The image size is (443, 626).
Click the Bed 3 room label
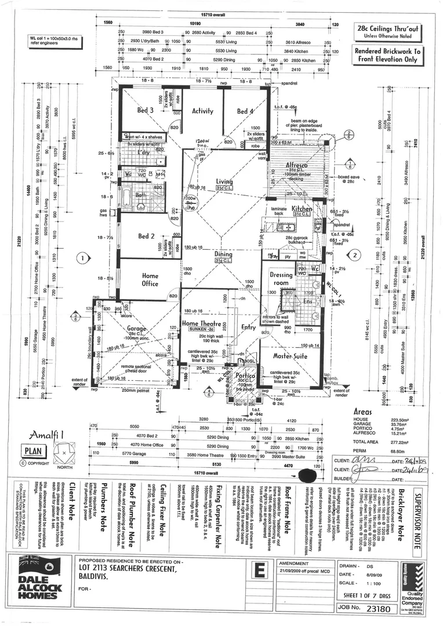click(x=145, y=111)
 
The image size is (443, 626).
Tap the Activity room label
click(x=202, y=111)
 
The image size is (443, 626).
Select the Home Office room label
click(x=150, y=279)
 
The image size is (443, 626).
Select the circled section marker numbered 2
click(x=357, y=254)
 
